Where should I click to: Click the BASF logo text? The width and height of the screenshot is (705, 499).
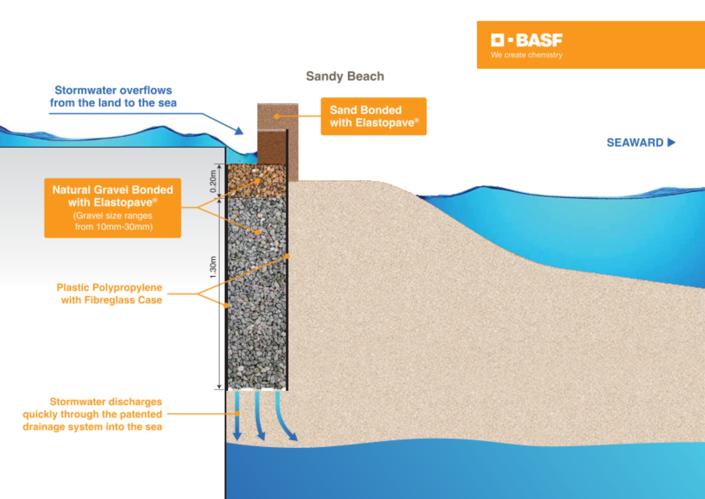coord(539,40)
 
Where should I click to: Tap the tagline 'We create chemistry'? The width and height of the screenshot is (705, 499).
coord(526,55)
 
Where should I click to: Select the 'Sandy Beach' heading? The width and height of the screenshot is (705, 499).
coord(345,76)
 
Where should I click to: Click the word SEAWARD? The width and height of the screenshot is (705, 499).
coord(635,143)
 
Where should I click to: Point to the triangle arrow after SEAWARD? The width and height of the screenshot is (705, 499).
coord(671,142)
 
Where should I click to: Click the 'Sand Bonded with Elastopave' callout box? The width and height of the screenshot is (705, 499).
coord(373,116)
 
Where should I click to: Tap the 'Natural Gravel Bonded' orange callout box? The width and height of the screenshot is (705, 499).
coord(112,208)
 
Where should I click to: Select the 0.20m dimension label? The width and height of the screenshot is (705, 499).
coord(213,181)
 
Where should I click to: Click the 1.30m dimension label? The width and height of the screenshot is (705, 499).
coord(213,267)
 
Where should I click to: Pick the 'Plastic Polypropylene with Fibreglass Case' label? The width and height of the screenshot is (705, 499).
coord(110,294)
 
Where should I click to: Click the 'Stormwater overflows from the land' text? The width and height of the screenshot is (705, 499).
coord(113,96)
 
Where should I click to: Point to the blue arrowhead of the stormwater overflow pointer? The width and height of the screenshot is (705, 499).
coord(239,131)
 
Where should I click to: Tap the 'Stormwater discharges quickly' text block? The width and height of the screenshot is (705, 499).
coord(92,414)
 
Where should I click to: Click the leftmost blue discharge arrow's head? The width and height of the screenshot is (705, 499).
coord(237,436)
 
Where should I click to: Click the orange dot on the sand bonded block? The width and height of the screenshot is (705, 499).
coord(277,116)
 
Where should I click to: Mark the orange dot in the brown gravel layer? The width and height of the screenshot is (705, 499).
coord(257,181)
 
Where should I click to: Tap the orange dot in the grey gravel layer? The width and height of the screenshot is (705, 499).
coord(257,232)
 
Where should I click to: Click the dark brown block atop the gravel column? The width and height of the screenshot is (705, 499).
coord(271,147)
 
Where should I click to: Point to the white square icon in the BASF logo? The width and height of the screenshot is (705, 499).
coord(497,40)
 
